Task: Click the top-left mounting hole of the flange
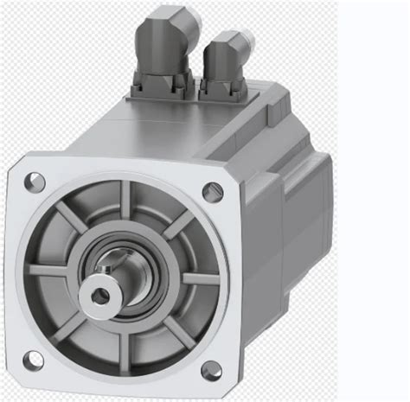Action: (x=35, y=182)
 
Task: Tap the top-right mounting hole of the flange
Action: (x=212, y=191)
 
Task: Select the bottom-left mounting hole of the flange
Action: (x=31, y=358)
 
